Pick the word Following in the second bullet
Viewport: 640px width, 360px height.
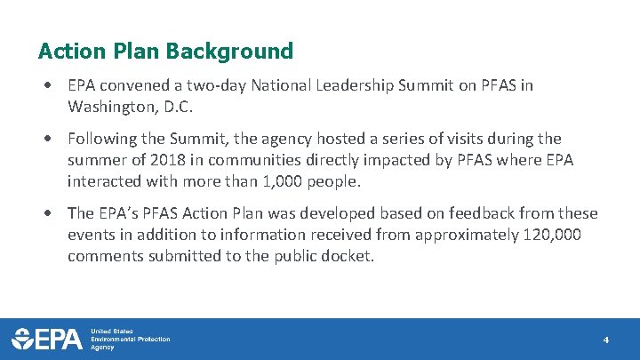(103, 139)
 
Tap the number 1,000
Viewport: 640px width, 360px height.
(316, 181)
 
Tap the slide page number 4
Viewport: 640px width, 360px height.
(605, 340)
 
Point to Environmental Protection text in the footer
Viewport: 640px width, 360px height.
(130, 339)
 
